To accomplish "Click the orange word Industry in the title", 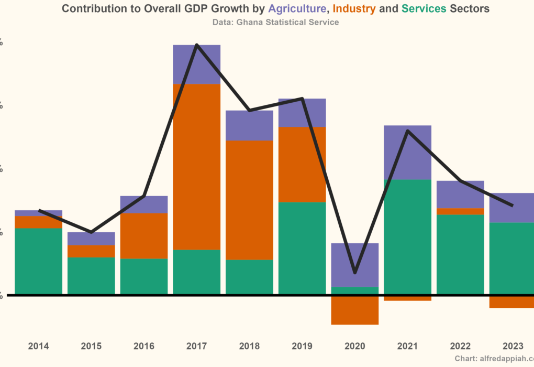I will point(353,8).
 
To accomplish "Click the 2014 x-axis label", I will point(39,346).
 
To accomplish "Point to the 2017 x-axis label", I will point(197,346).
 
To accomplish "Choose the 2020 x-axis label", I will point(355,346).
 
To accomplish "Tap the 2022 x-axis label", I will point(460,346).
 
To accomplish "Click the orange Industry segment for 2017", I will point(197,167).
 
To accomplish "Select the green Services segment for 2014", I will point(39,261).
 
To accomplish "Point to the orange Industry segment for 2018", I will point(249,200).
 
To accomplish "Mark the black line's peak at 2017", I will point(196,45).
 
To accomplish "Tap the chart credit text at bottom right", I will point(494,359).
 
